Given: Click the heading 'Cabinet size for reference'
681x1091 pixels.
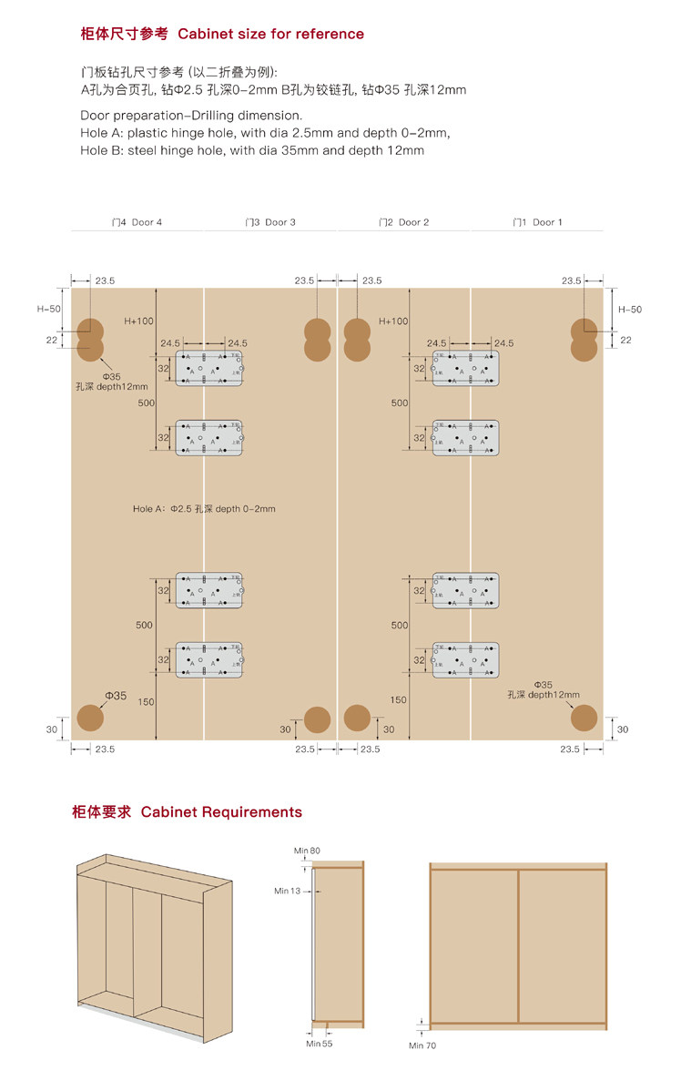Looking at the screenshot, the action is [x=270, y=35].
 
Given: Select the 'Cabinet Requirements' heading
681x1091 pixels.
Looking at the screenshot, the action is [x=221, y=812].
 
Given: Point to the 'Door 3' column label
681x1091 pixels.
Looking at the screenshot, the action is [x=270, y=222].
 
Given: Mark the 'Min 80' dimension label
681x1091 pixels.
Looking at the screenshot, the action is [x=307, y=851].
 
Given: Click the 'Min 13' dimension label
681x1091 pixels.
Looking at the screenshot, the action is [x=287, y=891].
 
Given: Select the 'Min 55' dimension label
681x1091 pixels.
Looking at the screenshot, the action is [x=319, y=1044].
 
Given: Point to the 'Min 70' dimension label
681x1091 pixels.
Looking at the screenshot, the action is [x=422, y=1045].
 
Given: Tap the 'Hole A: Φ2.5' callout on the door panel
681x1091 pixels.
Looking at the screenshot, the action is [x=204, y=509].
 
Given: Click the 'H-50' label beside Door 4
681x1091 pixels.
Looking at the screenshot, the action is [x=49, y=309].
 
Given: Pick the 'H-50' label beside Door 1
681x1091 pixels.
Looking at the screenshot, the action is [x=629, y=310].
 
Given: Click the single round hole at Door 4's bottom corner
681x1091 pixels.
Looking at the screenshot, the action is [x=89, y=719].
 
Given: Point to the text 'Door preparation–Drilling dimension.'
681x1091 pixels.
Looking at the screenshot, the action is [x=191, y=116].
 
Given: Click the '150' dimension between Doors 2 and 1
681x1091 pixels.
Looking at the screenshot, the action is [x=399, y=700].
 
